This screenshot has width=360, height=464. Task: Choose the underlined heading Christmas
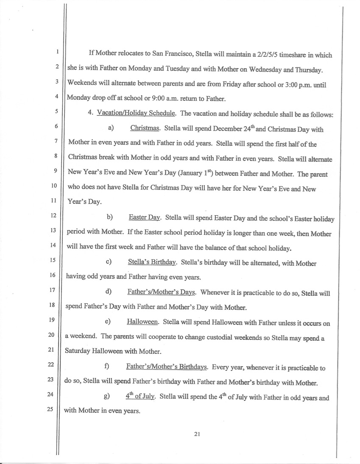145,128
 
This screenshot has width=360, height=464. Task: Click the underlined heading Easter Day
144,218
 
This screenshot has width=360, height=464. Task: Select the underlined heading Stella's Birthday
152,263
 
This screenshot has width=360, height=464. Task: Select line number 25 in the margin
56,410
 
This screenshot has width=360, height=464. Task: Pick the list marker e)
107,322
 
